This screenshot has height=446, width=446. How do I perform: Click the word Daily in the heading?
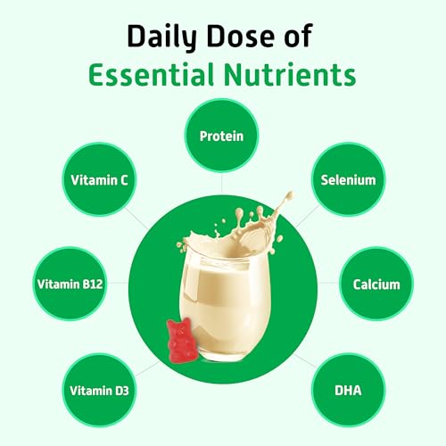tap(162, 37)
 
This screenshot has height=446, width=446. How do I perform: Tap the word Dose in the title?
tap(240, 36)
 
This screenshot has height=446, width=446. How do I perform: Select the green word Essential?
tap(152, 74)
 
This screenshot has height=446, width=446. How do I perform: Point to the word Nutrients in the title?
tap(290, 74)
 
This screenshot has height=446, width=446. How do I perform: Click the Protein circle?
tap(221, 136)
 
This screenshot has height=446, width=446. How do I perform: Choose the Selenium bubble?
tap(348, 179)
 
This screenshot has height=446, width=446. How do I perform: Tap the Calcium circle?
tap(376, 284)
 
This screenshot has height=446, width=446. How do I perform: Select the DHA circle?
tap(348, 390)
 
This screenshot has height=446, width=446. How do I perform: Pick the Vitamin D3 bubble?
tap(99, 390)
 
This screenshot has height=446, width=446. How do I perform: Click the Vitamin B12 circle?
tap(70, 284)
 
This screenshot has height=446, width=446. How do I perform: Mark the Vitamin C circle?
tap(99, 179)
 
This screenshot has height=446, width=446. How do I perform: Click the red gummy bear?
tap(181, 341)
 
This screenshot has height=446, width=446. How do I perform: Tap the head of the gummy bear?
tap(179, 327)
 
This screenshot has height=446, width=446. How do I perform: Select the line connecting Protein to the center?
tap(221, 184)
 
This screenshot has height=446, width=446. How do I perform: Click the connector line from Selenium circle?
tap(307, 216)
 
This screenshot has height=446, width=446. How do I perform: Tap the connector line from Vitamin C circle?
tap(136, 219)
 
